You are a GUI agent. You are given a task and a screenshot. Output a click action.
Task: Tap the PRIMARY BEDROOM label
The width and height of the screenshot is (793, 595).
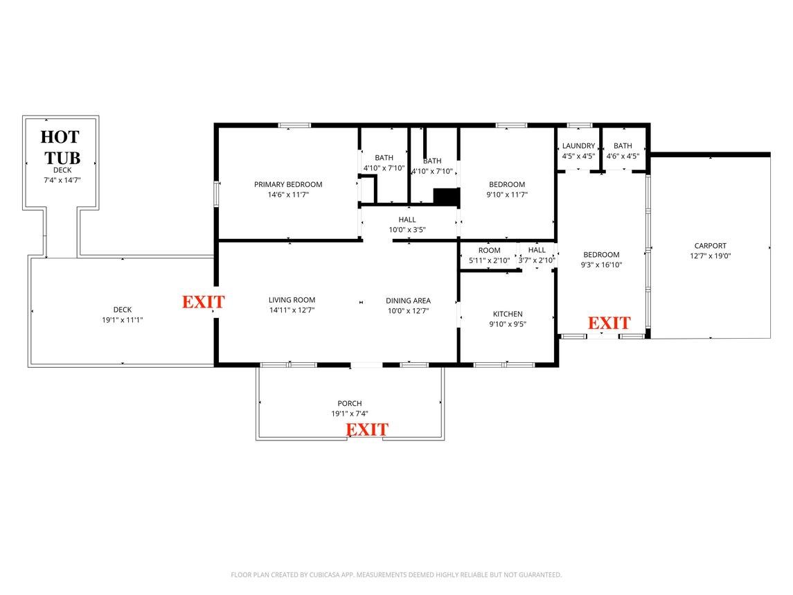tap(288, 184)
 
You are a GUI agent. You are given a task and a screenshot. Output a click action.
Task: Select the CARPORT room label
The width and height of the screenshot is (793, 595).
tap(710, 246)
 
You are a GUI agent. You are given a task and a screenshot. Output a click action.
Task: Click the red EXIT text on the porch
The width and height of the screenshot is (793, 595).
tap(367, 429)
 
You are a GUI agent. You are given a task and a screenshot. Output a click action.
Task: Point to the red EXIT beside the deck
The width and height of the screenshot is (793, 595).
tap(204, 302)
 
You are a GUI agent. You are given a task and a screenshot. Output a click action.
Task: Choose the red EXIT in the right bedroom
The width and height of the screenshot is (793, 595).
tap(609, 323)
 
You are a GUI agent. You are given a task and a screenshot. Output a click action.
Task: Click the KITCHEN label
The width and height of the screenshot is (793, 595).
tap(507, 314)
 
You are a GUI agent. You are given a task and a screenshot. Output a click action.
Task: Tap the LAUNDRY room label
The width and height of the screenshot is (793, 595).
tap(578, 145)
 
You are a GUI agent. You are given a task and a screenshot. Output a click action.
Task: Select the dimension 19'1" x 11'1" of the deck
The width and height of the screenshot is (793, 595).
tap(122, 320)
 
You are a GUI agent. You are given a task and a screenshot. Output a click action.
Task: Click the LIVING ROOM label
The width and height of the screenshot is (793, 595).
tap(292, 300)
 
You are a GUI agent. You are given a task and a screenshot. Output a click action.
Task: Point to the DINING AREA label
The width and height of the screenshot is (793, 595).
tap(408, 301)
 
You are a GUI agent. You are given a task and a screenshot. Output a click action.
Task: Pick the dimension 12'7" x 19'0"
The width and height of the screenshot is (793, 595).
tap(710, 256)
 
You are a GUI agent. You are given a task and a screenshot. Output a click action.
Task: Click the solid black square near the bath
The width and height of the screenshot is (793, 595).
tap(447, 197)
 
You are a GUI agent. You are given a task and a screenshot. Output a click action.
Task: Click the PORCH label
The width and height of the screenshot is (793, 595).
tap(350, 403)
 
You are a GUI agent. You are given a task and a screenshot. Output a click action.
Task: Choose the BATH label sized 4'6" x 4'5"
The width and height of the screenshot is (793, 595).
tap(623, 145)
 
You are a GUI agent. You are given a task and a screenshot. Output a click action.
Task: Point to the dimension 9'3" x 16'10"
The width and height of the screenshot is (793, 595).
tap(601, 265)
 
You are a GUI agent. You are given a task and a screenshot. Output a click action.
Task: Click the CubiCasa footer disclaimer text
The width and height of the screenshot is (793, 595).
tap(396, 575)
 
